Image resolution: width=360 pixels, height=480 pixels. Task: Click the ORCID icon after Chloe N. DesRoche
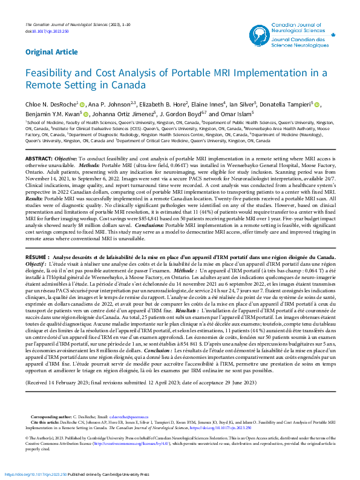(82, 105)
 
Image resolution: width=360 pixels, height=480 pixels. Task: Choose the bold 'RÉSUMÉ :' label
(39, 257)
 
